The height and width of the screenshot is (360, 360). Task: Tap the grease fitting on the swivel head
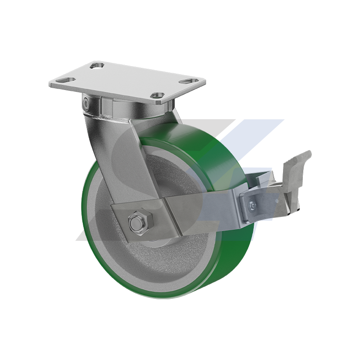pos(86,103)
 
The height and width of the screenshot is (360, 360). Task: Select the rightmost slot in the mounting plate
pos(186,81)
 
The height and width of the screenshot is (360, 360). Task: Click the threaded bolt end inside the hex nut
pos(136,223)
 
